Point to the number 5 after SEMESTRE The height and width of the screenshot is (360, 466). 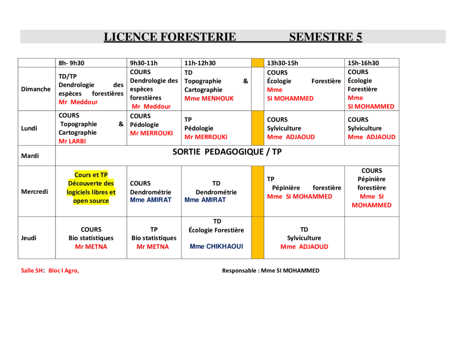tap(359, 37)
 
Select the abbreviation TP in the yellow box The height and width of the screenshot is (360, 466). tap(104, 175)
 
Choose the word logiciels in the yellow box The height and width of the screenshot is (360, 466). tap(78, 192)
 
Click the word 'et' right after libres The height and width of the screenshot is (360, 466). tap(112, 192)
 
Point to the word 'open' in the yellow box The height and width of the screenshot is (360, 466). tap(81, 201)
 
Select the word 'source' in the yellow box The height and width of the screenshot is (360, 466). tap(99, 201)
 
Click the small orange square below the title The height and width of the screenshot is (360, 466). tap(258, 63)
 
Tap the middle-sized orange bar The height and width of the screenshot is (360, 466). tap(258, 128)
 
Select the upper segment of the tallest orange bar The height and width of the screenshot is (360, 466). tap(258, 191)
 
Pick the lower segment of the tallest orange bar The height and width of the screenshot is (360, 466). tap(258, 238)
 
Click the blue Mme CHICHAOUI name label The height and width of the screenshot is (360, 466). tap(216, 246)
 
